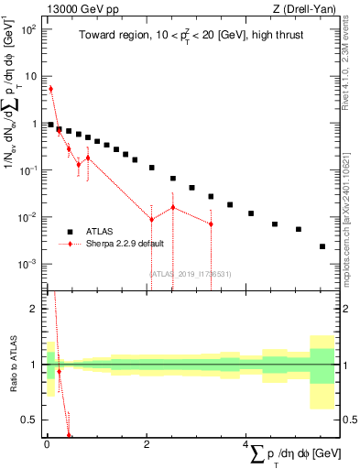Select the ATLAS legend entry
pyautogui.click(x=101, y=232)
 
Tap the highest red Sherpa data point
pyautogui.click(x=50, y=89)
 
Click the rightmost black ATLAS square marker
pyautogui.click(x=322, y=246)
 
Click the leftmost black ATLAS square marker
pyautogui.click(x=50, y=125)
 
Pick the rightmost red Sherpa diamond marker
pyautogui.click(x=211, y=224)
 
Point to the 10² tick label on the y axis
pyautogui.click(x=29, y=29)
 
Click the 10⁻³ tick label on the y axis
pyautogui.click(x=28, y=264)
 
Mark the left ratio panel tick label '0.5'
pyautogui.click(x=30, y=420)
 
